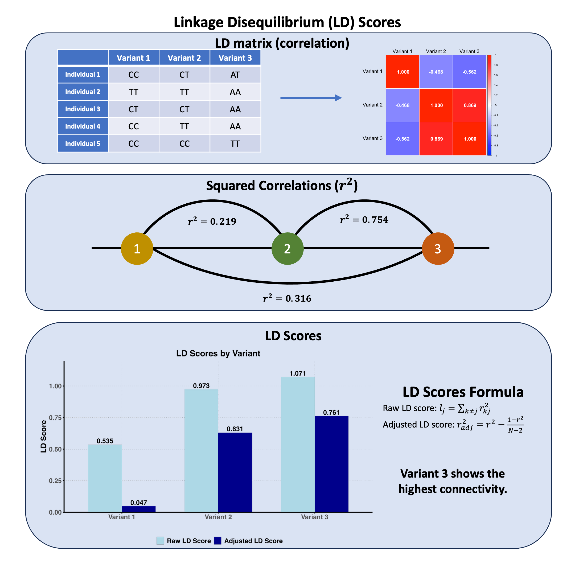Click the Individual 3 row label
[83, 109]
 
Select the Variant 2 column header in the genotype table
[184, 58]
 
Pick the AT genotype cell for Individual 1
[235, 75]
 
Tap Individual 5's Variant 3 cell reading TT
[235, 144]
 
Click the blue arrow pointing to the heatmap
[311, 98]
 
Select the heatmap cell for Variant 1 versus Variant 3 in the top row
[469, 72]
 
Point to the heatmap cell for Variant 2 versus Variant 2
[436, 105]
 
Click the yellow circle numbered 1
[137, 249]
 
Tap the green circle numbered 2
[287, 249]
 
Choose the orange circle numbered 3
[438, 249]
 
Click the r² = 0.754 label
[364, 220]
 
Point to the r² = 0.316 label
[287, 298]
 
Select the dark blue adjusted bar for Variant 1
[139, 509]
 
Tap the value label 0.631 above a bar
[235, 429]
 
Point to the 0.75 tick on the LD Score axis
[55, 418]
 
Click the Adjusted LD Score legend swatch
[217, 541]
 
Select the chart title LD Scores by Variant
[218, 353]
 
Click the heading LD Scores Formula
[463, 392]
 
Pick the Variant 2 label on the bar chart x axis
[218, 517]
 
